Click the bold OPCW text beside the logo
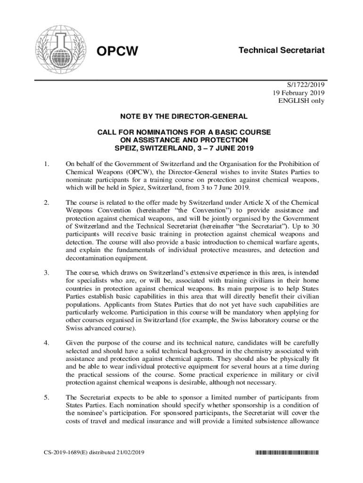click(x=117, y=50)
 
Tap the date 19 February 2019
click(x=300, y=92)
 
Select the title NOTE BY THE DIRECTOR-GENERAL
click(x=184, y=116)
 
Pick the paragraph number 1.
click(x=46, y=164)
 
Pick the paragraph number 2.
click(x=46, y=203)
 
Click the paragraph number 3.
click(x=46, y=273)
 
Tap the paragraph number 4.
click(x=46, y=343)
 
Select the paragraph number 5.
click(x=46, y=398)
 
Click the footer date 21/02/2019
click(x=127, y=453)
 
